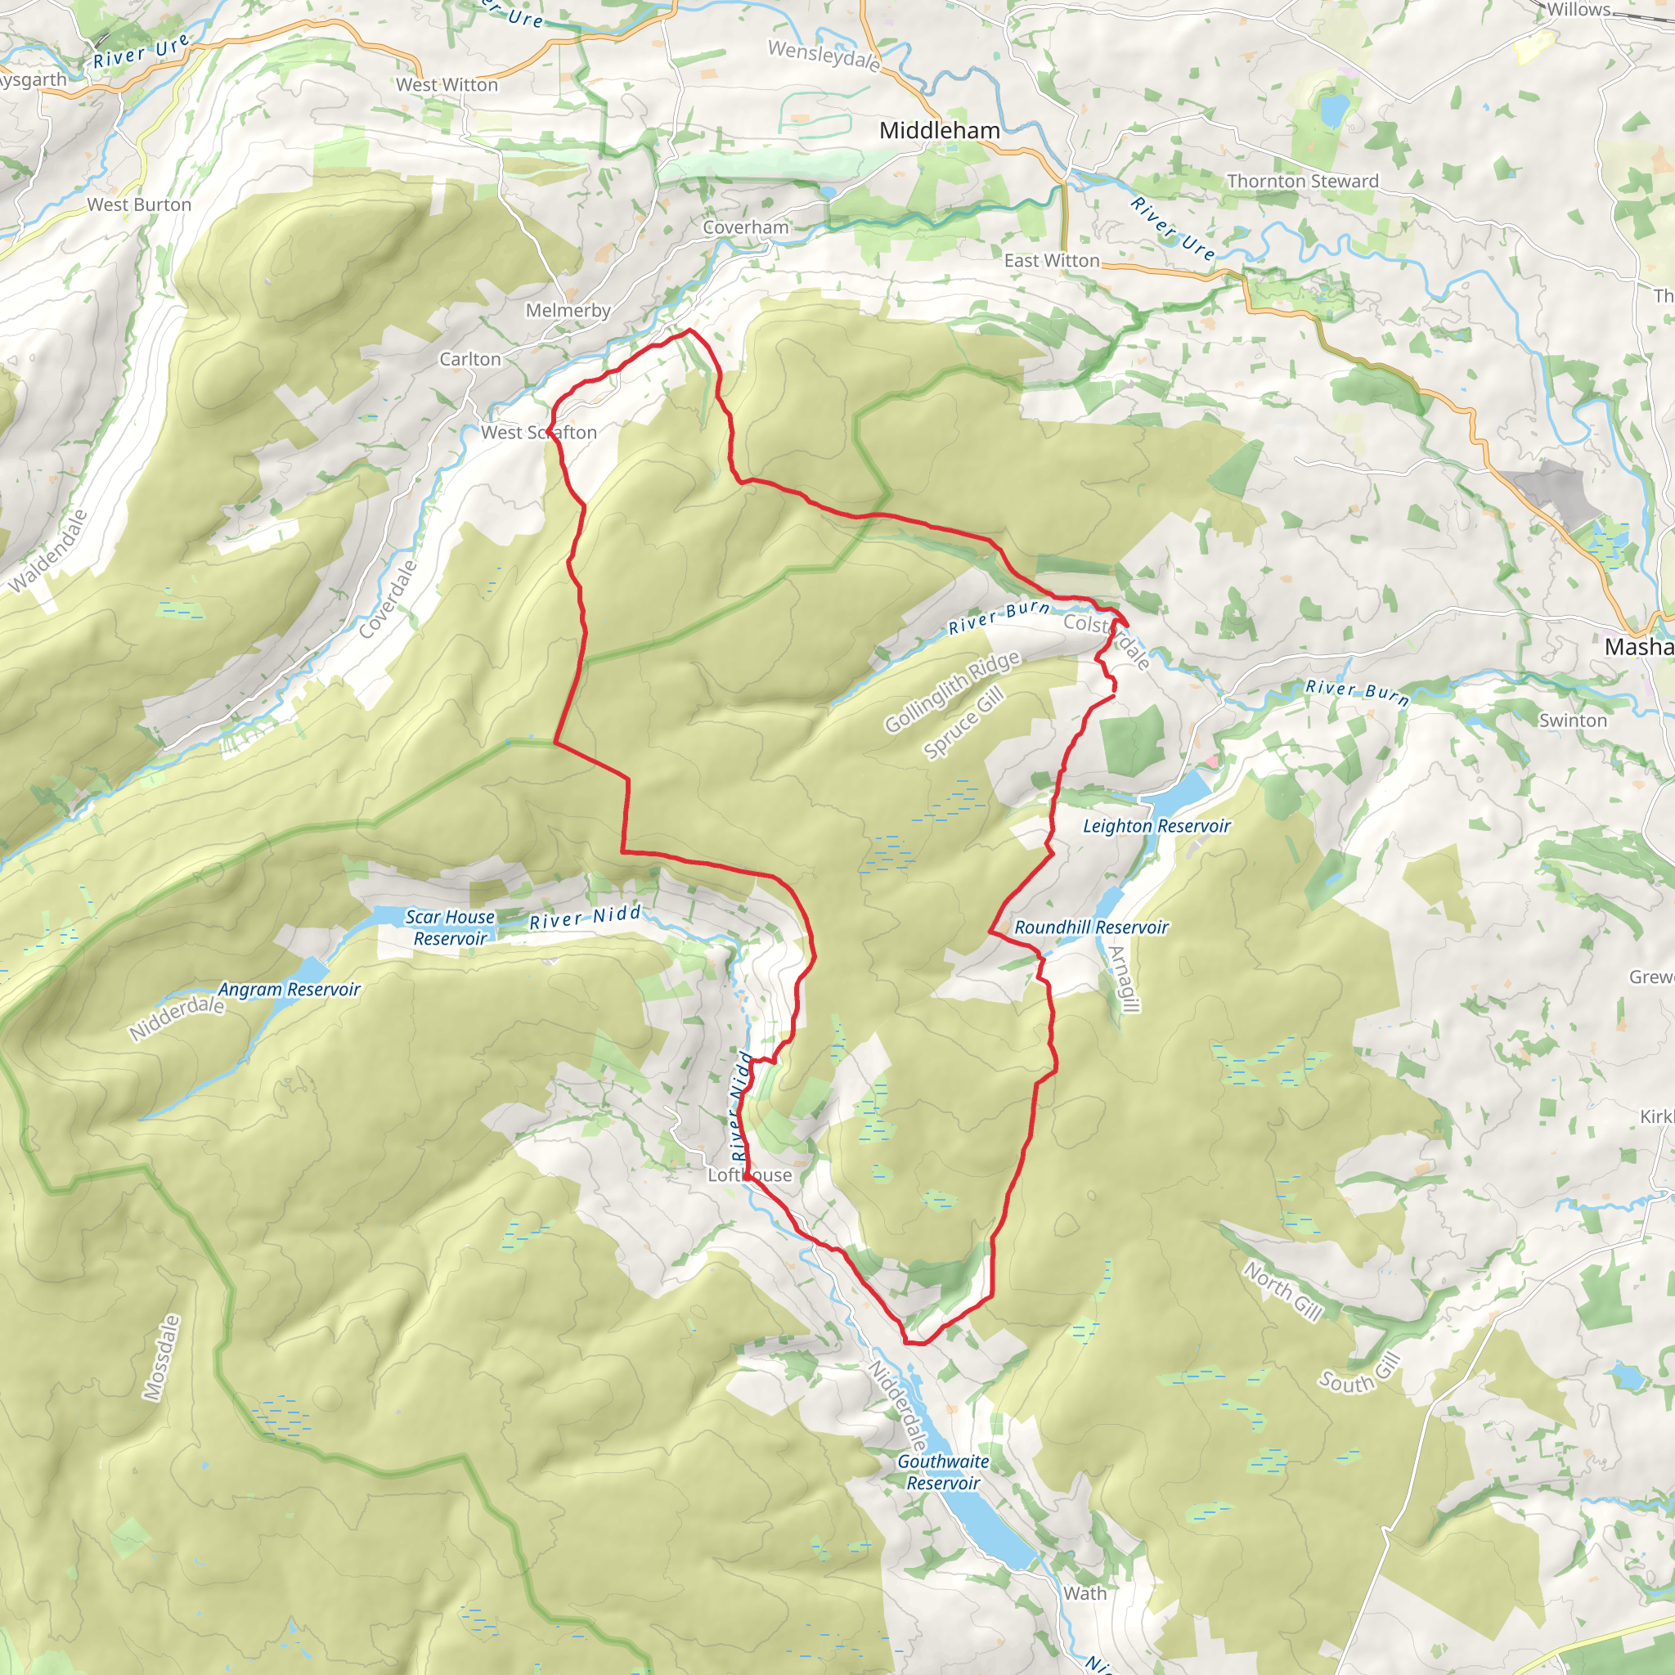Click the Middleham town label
[939, 131]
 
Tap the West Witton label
[447, 85]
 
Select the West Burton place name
[139, 204]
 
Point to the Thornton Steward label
[1302, 182]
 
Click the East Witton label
[1051, 261]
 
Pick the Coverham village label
[746, 228]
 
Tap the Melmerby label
[568, 310]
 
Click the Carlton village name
[470, 359]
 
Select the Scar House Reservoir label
[450, 927]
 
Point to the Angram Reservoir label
[289, 990]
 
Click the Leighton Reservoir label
[1156, 826]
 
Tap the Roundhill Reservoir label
[1091, 927]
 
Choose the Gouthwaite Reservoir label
[942, 1471]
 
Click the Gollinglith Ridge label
[951, 692]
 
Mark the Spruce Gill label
[963, 722]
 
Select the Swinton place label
[1572, 721]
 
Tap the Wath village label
[1084, 1593]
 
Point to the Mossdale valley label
[162, 1358]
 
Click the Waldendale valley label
[48, 551]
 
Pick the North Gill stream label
[1282, 1291]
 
